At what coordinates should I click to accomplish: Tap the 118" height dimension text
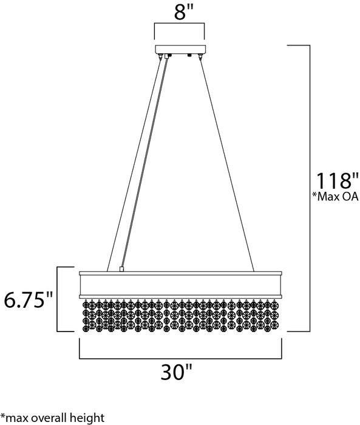(x=333, y=180)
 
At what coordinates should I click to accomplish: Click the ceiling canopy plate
(x=180, y=50)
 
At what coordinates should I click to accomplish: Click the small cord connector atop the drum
(x=123, y=268)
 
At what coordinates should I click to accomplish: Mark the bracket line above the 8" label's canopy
(x=180, y=25)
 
